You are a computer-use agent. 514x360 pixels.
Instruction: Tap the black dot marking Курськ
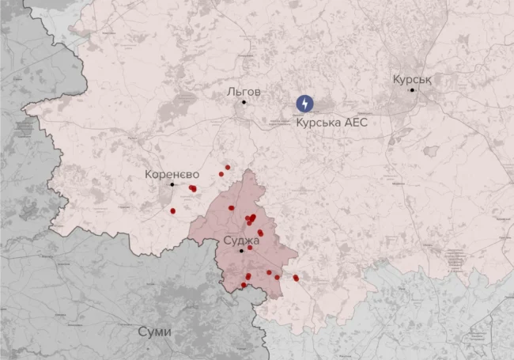pyautogui.click(x=412, y=90)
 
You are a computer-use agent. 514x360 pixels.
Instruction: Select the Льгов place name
pyautogui.click(x=244, y=91)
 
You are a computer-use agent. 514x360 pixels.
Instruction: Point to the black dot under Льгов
pyautogui.click(x=244, y=102)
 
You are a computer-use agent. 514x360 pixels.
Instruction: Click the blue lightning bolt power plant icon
pyautogui.click(x=304, y=104)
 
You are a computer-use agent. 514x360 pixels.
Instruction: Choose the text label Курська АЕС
pyautogui.click(x=331, y=123)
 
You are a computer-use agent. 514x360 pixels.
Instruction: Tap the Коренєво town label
pyautogui.click(x=172, y=173)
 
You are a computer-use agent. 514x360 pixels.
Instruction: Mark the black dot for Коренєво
pyautogui.click(x=172, y=184)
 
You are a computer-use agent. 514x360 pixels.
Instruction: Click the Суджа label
pyautogui.click(x=241, y=239)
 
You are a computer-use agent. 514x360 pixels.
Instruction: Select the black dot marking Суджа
pyautogui.click(x=241, y=250)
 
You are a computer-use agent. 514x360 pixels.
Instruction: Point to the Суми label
pyautogui.click(x=153, y=331)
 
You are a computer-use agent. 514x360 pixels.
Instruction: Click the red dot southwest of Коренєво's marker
pyautogui.click(x=173, y=211)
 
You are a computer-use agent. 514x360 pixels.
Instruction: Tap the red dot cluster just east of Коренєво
pyautogui.click(x=192, y=188)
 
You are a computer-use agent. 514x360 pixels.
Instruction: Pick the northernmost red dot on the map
pyautogui.click(x=227, y=167)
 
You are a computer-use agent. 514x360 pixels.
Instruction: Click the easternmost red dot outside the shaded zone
pyautogui.click(x=296, y=278)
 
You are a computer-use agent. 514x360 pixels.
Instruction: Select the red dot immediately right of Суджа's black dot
pyautogui.click(x=250, y=248)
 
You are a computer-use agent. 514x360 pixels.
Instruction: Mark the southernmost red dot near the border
pyautogui.click(x=244, y=285)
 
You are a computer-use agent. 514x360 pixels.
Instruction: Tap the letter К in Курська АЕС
pyautogui.click(x=300, y=123)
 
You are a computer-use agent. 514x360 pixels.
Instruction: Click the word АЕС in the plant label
pyautogui.click(x=353, y=123)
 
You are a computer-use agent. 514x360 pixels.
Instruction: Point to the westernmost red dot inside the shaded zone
pyautogui.click(x=232, y=208)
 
